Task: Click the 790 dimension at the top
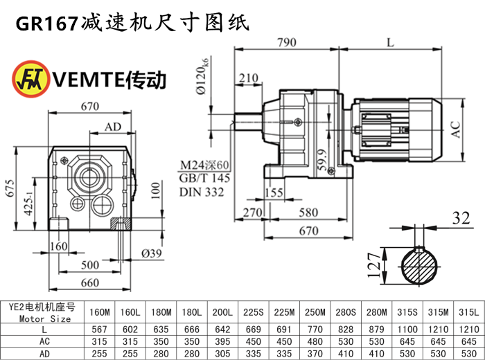click(x=287, y=42)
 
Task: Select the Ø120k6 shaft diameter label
click(x=203, y=75)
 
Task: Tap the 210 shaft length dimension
click(x=248, y=78)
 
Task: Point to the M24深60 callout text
click(x=204, y=165)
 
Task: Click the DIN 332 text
click(x=202, y=192)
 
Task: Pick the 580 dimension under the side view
click(x=308, y=213)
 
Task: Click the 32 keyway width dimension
click(x=461, y=218)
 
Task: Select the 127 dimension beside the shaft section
click(x=373, y=265)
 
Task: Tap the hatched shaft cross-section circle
click(x=419, y=265)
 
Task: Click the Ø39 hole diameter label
click(x=152, y=253)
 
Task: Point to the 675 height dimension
click(x=10, y=188)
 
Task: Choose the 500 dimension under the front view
click(x=90, y=265)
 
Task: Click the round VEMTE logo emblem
click(x=31, y=79)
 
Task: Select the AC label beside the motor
click(x=455, y=129)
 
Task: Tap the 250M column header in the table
click(x=315, y=312)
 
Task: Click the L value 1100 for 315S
click(x=407, y=330)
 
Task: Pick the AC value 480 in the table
click(x=315, y=341)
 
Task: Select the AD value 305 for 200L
click(x=222, y=354)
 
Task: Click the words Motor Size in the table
click(x=45, y=318)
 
